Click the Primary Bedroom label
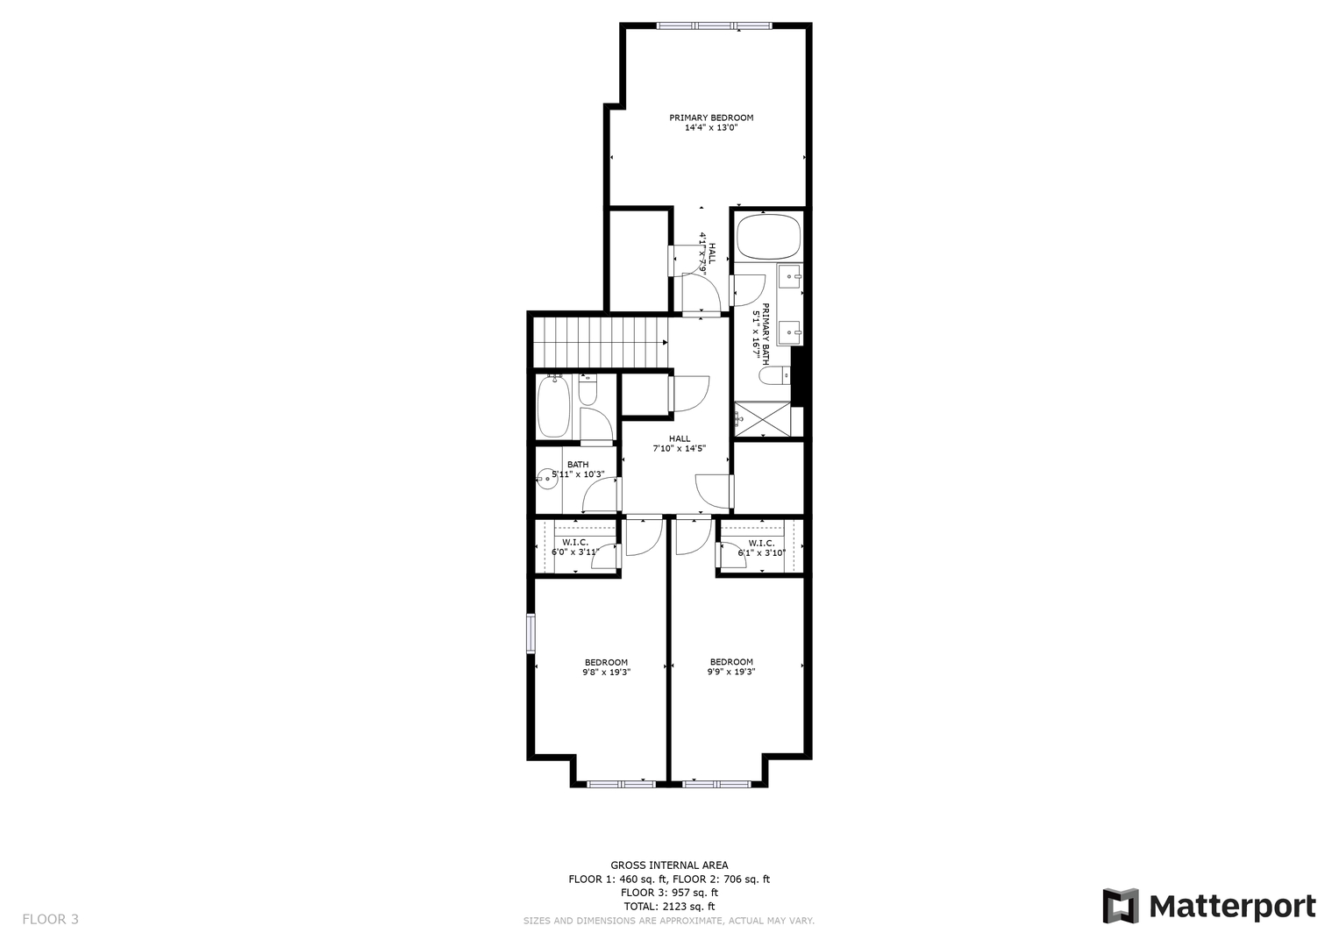pos(711,117)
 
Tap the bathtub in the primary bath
pos(769,237)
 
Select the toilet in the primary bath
pos(774,376)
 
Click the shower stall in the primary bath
pos(762,420)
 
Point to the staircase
pos(601,343)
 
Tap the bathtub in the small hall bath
pos(553,407)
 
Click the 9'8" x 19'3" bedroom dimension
pos(606,672)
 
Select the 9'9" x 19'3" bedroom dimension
pos(731,672)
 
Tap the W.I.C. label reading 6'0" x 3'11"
pos(575,547)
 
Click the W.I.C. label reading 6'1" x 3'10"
pos(761,548)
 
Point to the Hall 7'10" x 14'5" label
pos(679,443)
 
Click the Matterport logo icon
pos(1120,906)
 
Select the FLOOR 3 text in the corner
pos(50,919)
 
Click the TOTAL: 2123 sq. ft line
pos(669,907)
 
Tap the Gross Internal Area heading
pos(669,865)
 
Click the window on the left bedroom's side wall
pos(531,633)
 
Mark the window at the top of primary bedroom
pos(715,25)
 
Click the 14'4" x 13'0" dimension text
pos(711,127)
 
